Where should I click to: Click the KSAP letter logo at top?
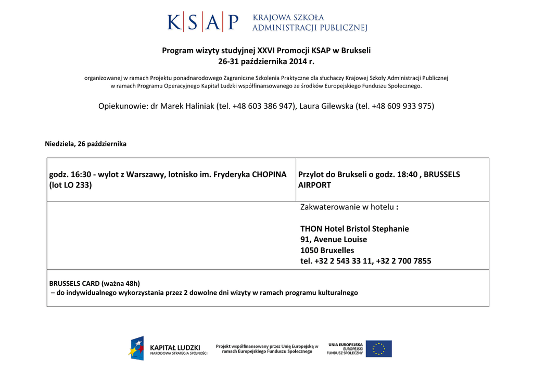(203, 23)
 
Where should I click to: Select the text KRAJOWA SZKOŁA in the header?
(288, 18)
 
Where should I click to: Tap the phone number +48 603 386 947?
(264, 106)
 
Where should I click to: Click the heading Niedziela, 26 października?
(86, 144)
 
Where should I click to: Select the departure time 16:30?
(81, 174)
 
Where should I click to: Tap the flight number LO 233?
(77, 185)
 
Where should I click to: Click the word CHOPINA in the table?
(269, 174)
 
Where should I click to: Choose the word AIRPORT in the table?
(314, 185)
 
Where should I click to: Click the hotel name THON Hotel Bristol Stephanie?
(354, 229)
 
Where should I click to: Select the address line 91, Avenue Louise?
(334, 240)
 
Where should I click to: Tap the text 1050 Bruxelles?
(327, 250)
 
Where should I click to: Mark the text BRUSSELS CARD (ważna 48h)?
(95, 284)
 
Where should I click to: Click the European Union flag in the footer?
(378, 348)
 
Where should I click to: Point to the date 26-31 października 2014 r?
(266, 62)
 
